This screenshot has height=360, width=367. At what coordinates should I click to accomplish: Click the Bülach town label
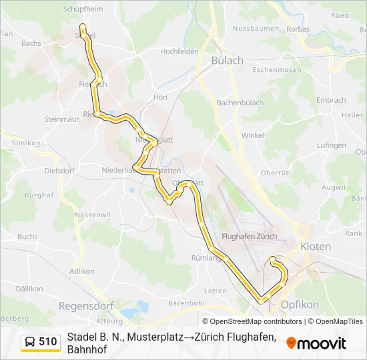pos(227,60)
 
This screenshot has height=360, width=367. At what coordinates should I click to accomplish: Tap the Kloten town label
pos(316,246)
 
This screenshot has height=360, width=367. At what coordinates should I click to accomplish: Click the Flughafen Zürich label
pos(249,236)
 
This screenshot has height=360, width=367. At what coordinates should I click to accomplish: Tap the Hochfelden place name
pos(179,51)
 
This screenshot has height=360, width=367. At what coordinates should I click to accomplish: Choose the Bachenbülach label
pos(240,103)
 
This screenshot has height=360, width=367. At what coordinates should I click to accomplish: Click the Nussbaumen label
pos(256,29)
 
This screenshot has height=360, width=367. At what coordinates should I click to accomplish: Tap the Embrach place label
pos(331,100)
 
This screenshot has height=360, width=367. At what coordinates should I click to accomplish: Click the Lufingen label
pos(332,145)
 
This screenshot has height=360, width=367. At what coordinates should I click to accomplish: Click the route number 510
pos(48,342)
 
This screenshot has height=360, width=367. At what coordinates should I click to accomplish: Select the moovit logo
pos(316,343)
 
